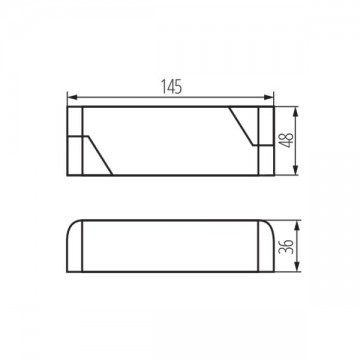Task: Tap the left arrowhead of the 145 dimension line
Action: pyautogui.click(x=71, y=96)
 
